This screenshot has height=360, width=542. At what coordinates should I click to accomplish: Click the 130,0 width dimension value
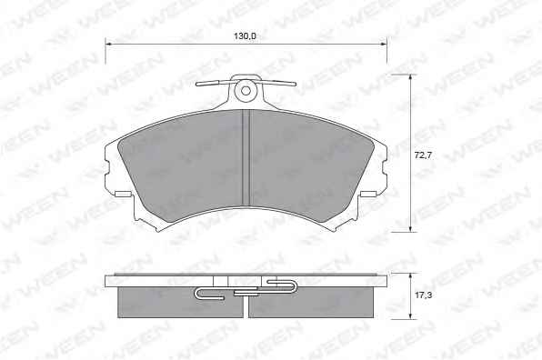(x=246, y=36)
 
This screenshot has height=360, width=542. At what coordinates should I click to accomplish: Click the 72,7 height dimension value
(x=423, y=155)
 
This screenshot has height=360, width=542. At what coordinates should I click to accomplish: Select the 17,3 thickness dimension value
(x=423, y=295)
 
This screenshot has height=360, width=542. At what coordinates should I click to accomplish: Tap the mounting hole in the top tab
(x=246, y=91)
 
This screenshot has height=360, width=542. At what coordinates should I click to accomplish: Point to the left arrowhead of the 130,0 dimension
(x=108, y=45)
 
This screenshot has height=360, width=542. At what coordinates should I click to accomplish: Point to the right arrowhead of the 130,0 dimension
(x=384, y=45)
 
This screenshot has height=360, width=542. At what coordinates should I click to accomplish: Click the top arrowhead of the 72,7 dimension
(x=410, y=78)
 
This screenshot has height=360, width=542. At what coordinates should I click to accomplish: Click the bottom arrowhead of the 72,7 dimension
(x=410, y=228)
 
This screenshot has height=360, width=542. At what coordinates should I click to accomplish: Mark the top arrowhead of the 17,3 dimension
(x=410, y=276)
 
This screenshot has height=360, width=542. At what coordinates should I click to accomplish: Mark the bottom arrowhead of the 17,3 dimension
(x=410, y=315)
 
